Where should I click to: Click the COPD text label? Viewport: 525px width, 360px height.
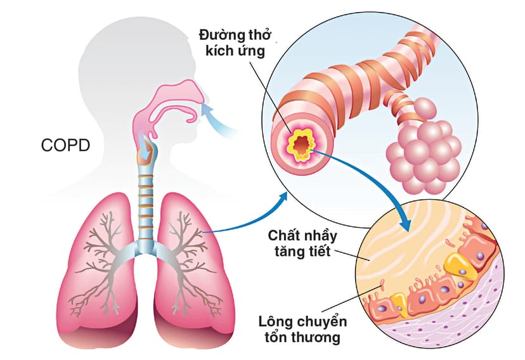[66, 145]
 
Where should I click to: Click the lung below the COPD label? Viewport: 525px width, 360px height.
[105, 266]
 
